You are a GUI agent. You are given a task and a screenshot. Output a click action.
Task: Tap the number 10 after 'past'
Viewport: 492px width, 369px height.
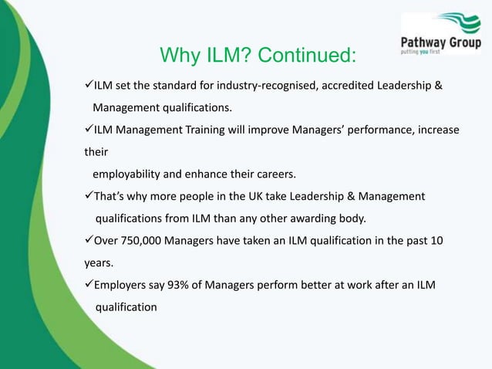(436, 241)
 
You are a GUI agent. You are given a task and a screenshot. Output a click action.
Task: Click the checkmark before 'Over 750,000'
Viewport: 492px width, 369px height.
(89, 240)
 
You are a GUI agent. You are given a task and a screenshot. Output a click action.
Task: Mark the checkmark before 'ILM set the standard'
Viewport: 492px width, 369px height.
(89, 83)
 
